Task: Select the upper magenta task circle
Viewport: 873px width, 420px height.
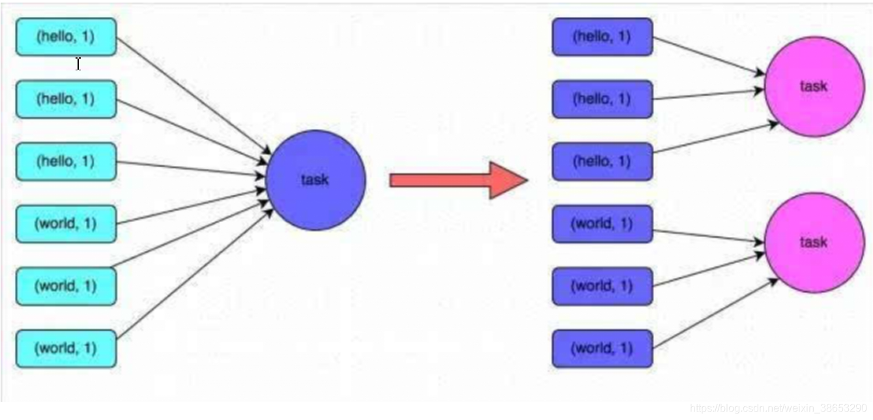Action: point(814,87)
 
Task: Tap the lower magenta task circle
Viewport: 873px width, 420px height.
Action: point(814,243)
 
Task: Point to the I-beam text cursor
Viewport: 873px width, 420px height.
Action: point(78,64)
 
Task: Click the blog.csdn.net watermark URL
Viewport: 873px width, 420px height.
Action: point(778,408)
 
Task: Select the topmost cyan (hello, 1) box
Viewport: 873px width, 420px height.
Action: point(66,37)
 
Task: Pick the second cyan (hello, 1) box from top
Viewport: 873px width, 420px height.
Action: point(66,99)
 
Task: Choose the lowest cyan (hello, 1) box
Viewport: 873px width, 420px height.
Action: point(66,161)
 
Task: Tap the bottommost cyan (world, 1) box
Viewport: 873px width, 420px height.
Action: point(66,348)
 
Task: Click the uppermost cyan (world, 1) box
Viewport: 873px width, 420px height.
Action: point(66,224)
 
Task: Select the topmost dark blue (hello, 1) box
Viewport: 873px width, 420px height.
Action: point(602,37)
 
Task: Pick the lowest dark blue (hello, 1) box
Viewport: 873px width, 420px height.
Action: point(602,161)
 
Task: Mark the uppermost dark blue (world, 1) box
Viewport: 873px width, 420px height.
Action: point(602,224)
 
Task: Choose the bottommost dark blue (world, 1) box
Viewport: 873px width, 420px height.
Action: point(602,348)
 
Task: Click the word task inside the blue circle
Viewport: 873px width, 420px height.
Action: point(315,180)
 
